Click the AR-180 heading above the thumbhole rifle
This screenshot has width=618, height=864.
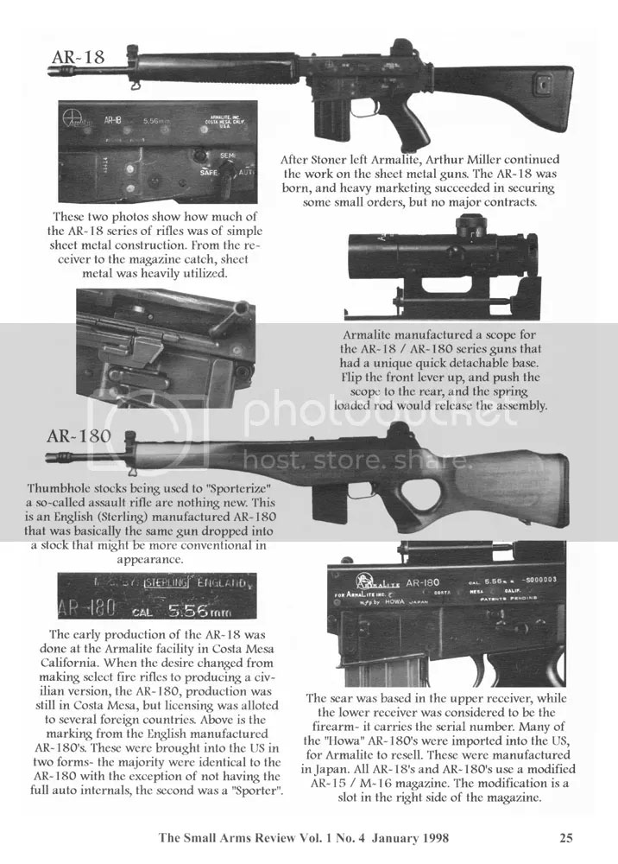[79, 435]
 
